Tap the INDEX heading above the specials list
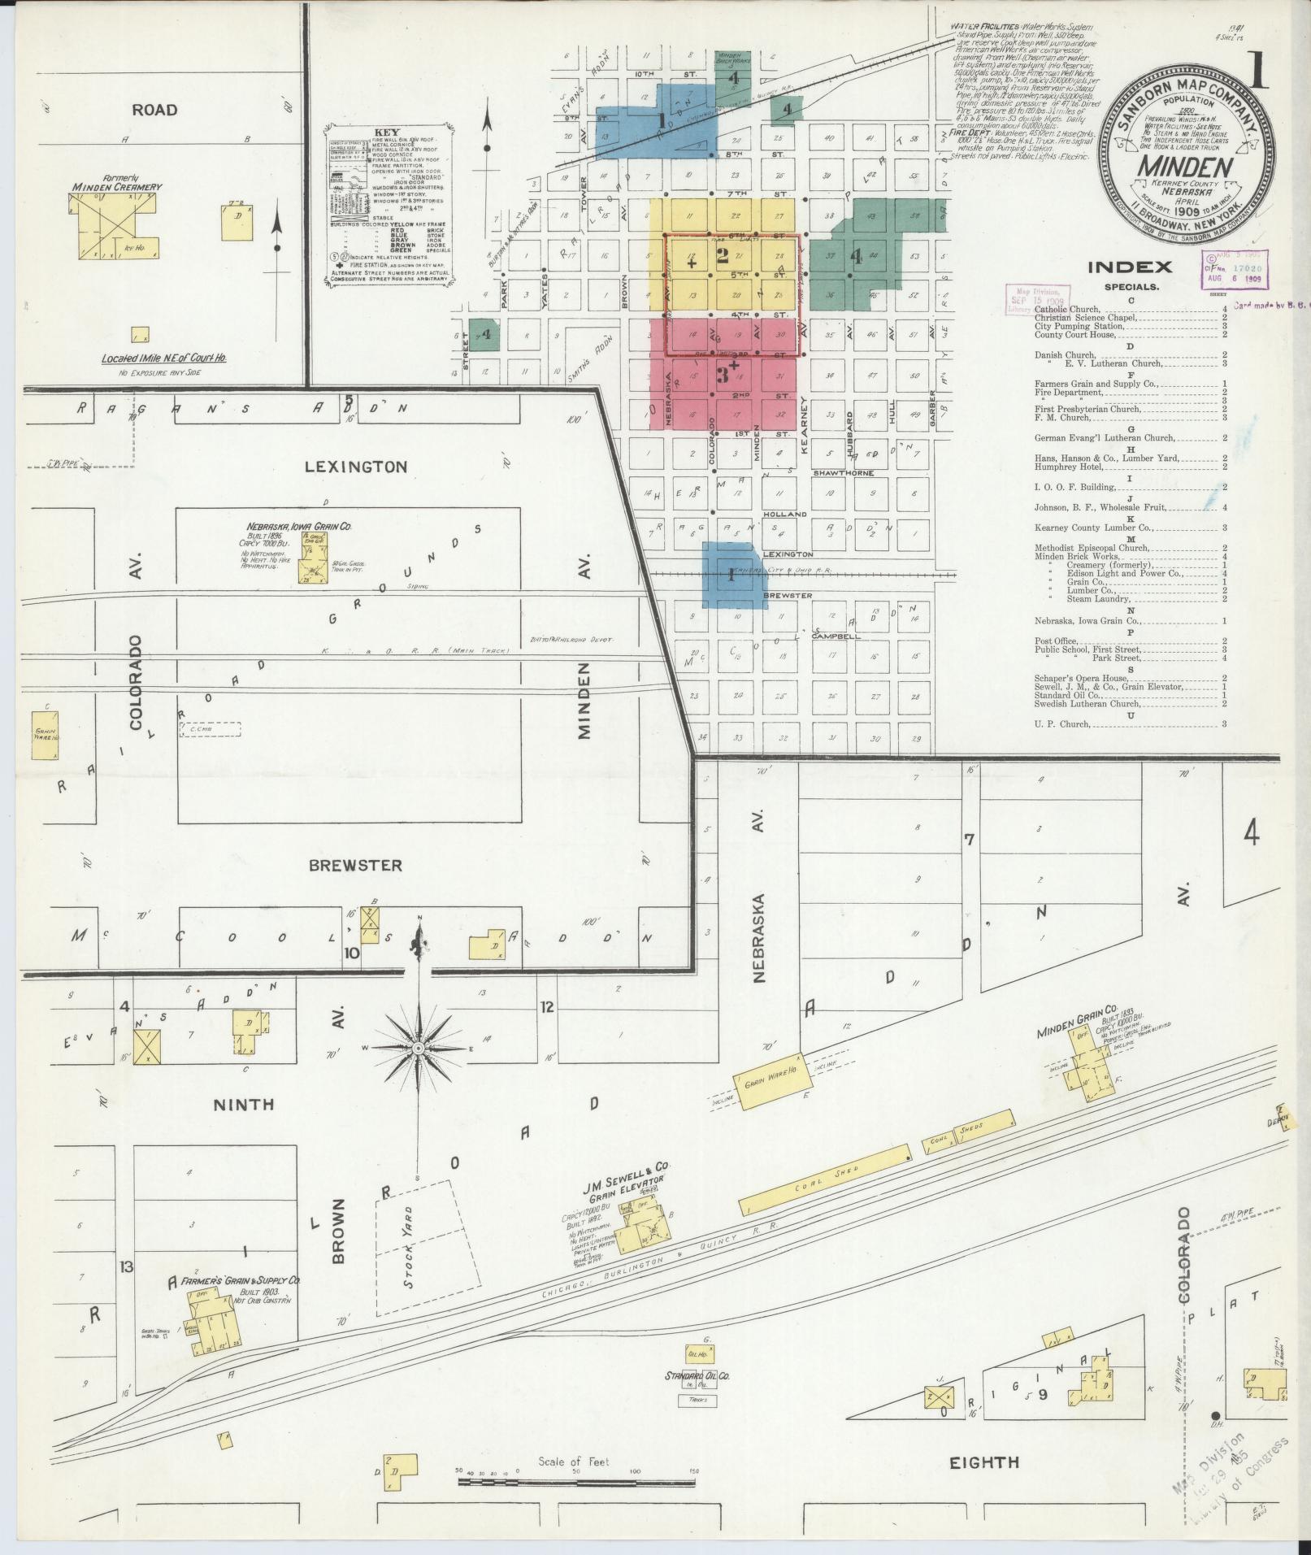(x=1130, y=267)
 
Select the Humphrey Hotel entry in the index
(x=1067, y=467)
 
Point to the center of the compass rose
(x=419, y=1049)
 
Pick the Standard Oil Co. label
(x=697, y=1376)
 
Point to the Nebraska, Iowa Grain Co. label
(x=300, y=527)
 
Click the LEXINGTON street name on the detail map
(x=355, y=467)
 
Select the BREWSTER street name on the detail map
(x=355, y=865)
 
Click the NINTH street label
(x=243, y=1104)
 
